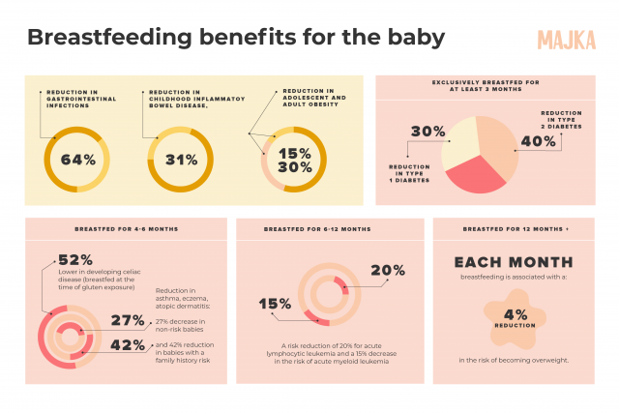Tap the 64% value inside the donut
click(77, 160)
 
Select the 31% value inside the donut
click(181, 160)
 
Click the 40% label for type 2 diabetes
click(538, 140)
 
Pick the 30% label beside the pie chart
click(427, 131)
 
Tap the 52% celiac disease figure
click(75, 259)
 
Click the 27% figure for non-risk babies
click(128, 320)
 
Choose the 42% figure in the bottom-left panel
click(128, 344)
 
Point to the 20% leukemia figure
click(387, 271)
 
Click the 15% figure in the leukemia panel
click(275, 304)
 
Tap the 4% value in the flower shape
click(516, 314)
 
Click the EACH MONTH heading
click(514, 261)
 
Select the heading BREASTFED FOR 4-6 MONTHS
click(126, 229)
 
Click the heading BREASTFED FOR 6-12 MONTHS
click(317, 229)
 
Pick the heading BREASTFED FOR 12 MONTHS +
click(515, 229)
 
